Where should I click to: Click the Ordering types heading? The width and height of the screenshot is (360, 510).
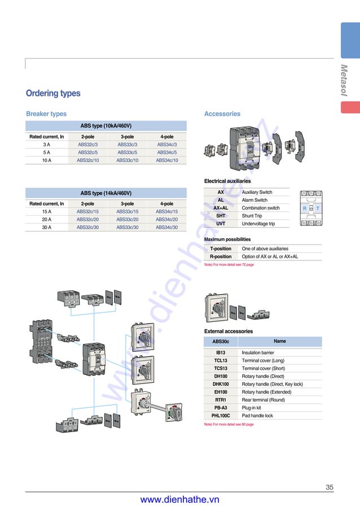point(53,93)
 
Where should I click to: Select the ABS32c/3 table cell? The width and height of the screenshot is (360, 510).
point(87,145)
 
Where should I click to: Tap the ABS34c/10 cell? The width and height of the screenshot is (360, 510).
point(166,160)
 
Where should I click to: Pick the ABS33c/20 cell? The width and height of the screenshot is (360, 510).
point(127,219)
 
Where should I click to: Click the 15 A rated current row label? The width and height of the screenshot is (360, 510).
point(46,211)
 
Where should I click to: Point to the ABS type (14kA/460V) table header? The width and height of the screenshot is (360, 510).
point(106,193)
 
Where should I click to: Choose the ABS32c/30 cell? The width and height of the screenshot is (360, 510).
point(87,227)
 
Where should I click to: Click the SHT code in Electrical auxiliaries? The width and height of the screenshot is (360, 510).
point(221,216)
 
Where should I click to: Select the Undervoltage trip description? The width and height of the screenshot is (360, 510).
point(258,224)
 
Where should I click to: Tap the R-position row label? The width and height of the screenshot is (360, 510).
point(221,256)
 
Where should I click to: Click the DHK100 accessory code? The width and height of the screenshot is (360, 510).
point(221,384)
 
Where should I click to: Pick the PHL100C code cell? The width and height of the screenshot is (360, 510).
point(221,416)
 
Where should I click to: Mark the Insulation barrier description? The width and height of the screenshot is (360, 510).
point(258,352)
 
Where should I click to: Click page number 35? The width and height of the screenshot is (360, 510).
point(330,487)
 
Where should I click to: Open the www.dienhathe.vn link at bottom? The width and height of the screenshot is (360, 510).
point(179,500)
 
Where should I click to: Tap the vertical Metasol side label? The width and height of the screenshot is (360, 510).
point(344,80)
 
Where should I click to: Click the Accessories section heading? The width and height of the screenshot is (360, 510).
point(222,114)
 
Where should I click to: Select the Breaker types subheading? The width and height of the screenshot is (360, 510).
point(46,114)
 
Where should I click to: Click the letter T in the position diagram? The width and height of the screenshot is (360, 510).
point(318,208)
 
